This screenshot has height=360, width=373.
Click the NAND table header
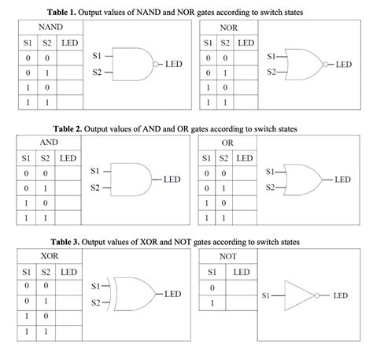(x=50, y=27)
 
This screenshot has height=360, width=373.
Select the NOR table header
(x=229, y=27)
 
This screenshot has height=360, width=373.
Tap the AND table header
(x=50, y=143)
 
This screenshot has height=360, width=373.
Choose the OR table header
(x=229, y=143)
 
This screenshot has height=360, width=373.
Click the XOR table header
(x=50, y=257)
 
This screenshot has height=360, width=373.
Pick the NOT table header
(x=229, y=257)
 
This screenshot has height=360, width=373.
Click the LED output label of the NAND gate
(x=174, y=63)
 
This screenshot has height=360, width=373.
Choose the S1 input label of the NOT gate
(x=268, y=295)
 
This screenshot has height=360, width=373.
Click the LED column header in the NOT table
(x=245, y=272)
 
